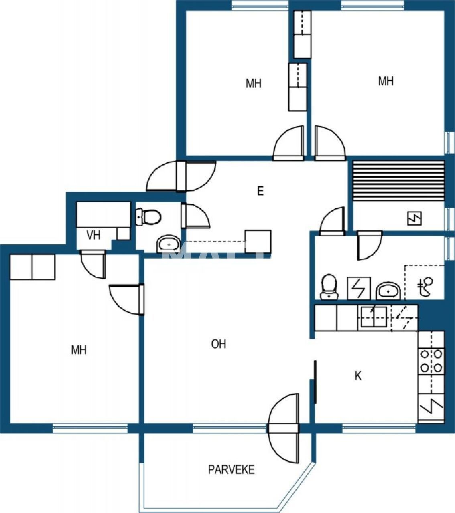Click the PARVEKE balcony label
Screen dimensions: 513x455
231,469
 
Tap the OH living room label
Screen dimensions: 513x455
219,344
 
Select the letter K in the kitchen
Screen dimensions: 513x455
358,376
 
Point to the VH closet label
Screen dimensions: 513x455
93,235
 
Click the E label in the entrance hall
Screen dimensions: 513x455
260,191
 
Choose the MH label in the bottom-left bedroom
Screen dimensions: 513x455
79,350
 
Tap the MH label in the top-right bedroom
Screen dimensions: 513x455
386,81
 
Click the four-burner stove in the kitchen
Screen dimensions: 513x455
431,360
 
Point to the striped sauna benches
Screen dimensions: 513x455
398,180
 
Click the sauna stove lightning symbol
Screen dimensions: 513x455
414,218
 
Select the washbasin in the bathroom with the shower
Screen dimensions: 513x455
388,291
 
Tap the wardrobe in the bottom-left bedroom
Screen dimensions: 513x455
32,267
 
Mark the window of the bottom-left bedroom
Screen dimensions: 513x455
90,428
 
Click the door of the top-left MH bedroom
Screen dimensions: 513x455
288,143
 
